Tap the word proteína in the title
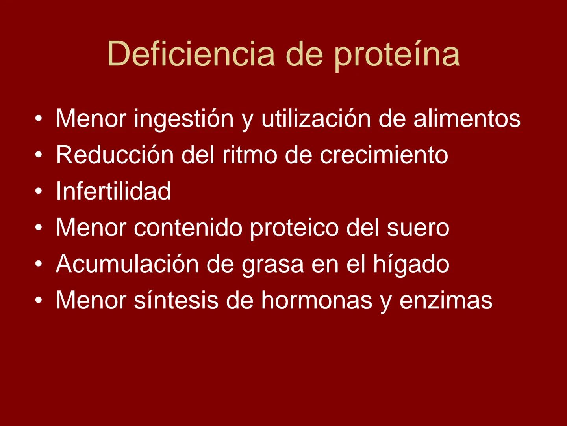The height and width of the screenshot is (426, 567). pyautogui.click(x=397, y=54)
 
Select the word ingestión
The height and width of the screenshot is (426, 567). pyautogui.click(x=184, y=118)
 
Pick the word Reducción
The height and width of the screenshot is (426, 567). pyautogui.click(x=115, y=155)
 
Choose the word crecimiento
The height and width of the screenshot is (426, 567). pyautogui.click(x=384, y=155)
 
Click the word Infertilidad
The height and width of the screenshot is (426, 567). pyautogui.click(x=113, y=191)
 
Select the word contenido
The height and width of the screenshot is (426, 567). pyautogui.click(x=188, y=228)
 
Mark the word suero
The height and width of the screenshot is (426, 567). pyautogui.click(x=418, y=228)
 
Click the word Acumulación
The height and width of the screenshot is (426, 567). pyautogui.click(x=127, y=264)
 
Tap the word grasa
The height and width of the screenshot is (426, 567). pyautogui.click(x=273, y=265)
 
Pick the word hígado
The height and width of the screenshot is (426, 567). pyautogui.click(x=411, y=264)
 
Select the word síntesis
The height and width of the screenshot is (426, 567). pyautogui.click(x=176, y=300)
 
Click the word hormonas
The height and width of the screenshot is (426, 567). pyautogui.click(x=317, y=300)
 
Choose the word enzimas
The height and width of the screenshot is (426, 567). pyautogui.click(x=446, y=301)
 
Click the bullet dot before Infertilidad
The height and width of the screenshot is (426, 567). pyautogui.click(x=38, y=192)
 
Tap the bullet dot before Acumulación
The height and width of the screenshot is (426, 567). pyautogui.click(x=38, y=265)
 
